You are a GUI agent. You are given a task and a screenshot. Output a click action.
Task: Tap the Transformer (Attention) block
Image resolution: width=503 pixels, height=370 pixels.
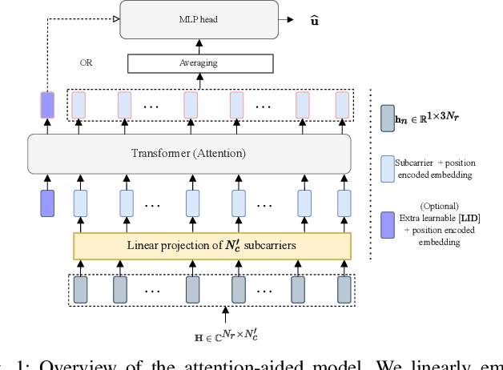point(189,154)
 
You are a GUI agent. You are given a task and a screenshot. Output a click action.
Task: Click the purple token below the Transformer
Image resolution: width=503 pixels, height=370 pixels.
point(46,203)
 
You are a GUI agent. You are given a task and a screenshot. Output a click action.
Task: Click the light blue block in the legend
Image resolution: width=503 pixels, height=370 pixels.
point(388,169)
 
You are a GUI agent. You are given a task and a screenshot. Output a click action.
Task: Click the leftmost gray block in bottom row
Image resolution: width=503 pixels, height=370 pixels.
point(80,288)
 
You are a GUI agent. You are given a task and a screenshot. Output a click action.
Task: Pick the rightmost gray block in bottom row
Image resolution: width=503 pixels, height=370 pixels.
point(343,288)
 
